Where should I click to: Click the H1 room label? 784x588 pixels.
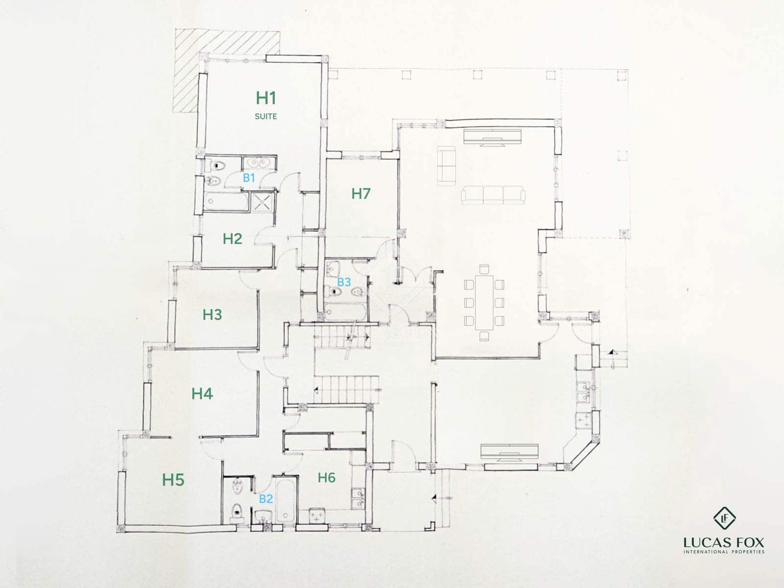point(266,98)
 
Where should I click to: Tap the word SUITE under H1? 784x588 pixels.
point(266,117)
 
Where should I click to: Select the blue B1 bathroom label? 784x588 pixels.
point(249,178)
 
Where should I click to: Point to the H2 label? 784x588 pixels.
point(232,239)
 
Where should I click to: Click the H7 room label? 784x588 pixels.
point(361,194)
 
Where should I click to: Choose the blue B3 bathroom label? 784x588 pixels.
point(344,282)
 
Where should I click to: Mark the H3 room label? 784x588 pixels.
point(212,315)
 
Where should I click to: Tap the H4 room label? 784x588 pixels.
point(202,393)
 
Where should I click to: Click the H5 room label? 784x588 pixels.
point(173,480)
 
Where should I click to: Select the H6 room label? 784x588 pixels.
point(326,477)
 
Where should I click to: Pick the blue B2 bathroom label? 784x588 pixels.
point(266,499)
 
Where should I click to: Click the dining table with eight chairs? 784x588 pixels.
point(484,302)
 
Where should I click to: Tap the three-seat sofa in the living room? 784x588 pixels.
point(493,195)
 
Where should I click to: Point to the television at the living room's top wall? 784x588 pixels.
point(493,137)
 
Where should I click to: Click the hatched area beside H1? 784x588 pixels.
point(186,71)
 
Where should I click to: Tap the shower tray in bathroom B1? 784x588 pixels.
point(263,202)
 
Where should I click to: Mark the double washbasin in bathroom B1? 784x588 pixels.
point(260,162)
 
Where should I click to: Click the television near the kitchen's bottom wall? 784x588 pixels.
point(510,452)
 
